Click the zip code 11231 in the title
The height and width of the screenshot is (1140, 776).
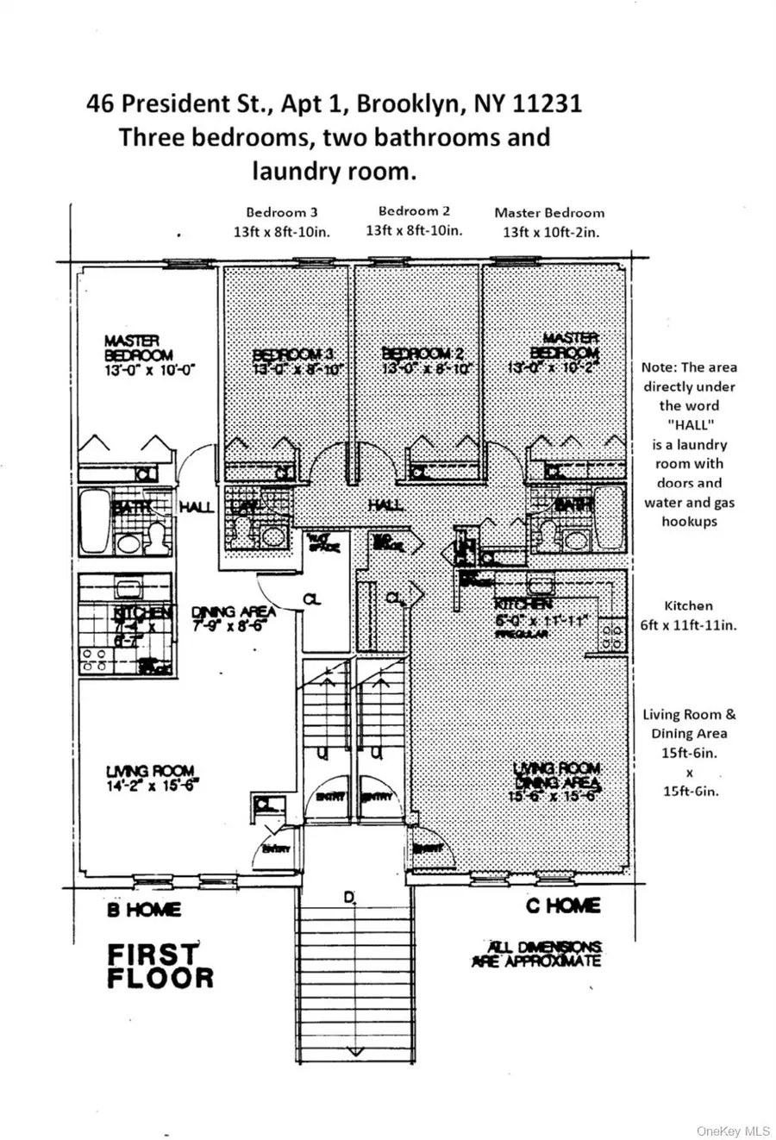tap(548, 104)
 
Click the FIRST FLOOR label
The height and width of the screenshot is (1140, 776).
tap(160, 966)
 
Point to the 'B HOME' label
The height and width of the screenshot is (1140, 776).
tap(144, 909)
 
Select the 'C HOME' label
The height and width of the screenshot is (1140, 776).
tap(563, 905)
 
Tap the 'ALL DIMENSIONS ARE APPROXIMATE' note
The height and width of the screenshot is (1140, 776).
tap(535, 954)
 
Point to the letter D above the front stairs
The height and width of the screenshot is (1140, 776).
tap(349, 898)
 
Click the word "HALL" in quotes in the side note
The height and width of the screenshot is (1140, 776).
tap(689, 425)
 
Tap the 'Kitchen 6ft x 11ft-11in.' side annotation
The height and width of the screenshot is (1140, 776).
tap(688, 616)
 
